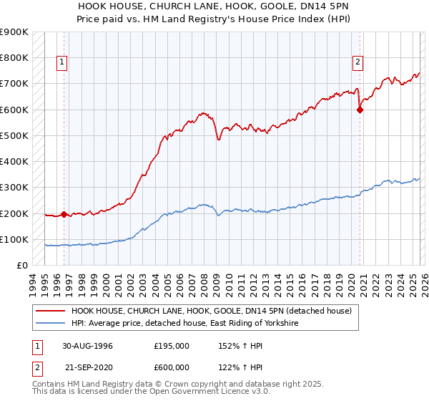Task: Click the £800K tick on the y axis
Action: pyautogui.click(x=14, y=57)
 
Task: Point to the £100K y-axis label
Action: pyautogui.click(x=14, y=239)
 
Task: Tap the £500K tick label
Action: pyautogui.click(x=14, y=135)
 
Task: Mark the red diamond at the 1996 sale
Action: pyautogui.click(x=64, y=214)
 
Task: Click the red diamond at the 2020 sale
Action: pyautogui.click(x=360, y=110)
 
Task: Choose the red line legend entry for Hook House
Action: pyautogui.click(x=211, y=311)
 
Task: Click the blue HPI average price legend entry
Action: pyautogui.click(x=184, y=324)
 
